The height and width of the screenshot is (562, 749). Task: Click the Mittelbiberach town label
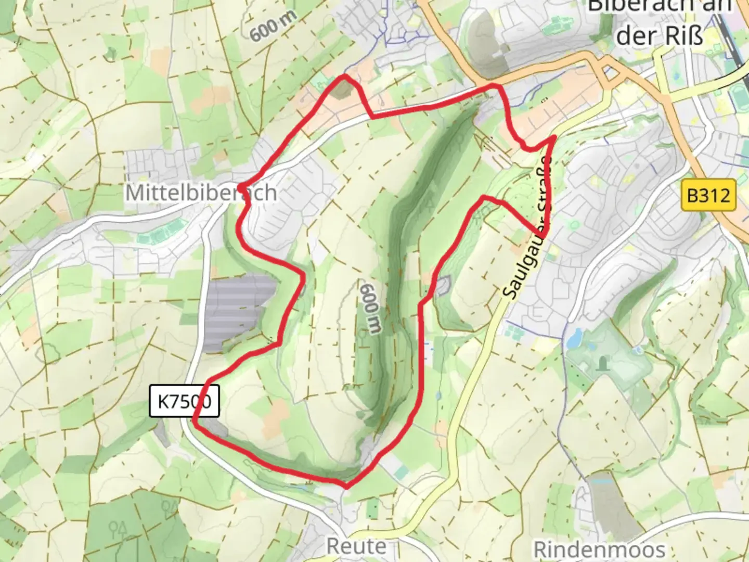[x=201, y=193]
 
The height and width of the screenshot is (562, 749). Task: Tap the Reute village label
[x=356, y=546]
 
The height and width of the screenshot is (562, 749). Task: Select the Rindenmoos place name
[x=599, y=549]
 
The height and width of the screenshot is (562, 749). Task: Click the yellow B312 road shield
[x=708, y=195]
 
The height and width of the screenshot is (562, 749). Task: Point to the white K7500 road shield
[x=184, y=401]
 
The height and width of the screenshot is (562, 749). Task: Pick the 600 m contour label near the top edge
[x=273, y=26]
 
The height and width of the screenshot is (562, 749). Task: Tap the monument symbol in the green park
[x=603, y=363]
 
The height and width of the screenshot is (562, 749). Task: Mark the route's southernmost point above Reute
[x=346, y=487]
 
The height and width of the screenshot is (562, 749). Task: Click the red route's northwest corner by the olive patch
[x=343, y=77]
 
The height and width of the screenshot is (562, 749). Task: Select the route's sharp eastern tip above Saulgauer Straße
[x=554, y=137]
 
